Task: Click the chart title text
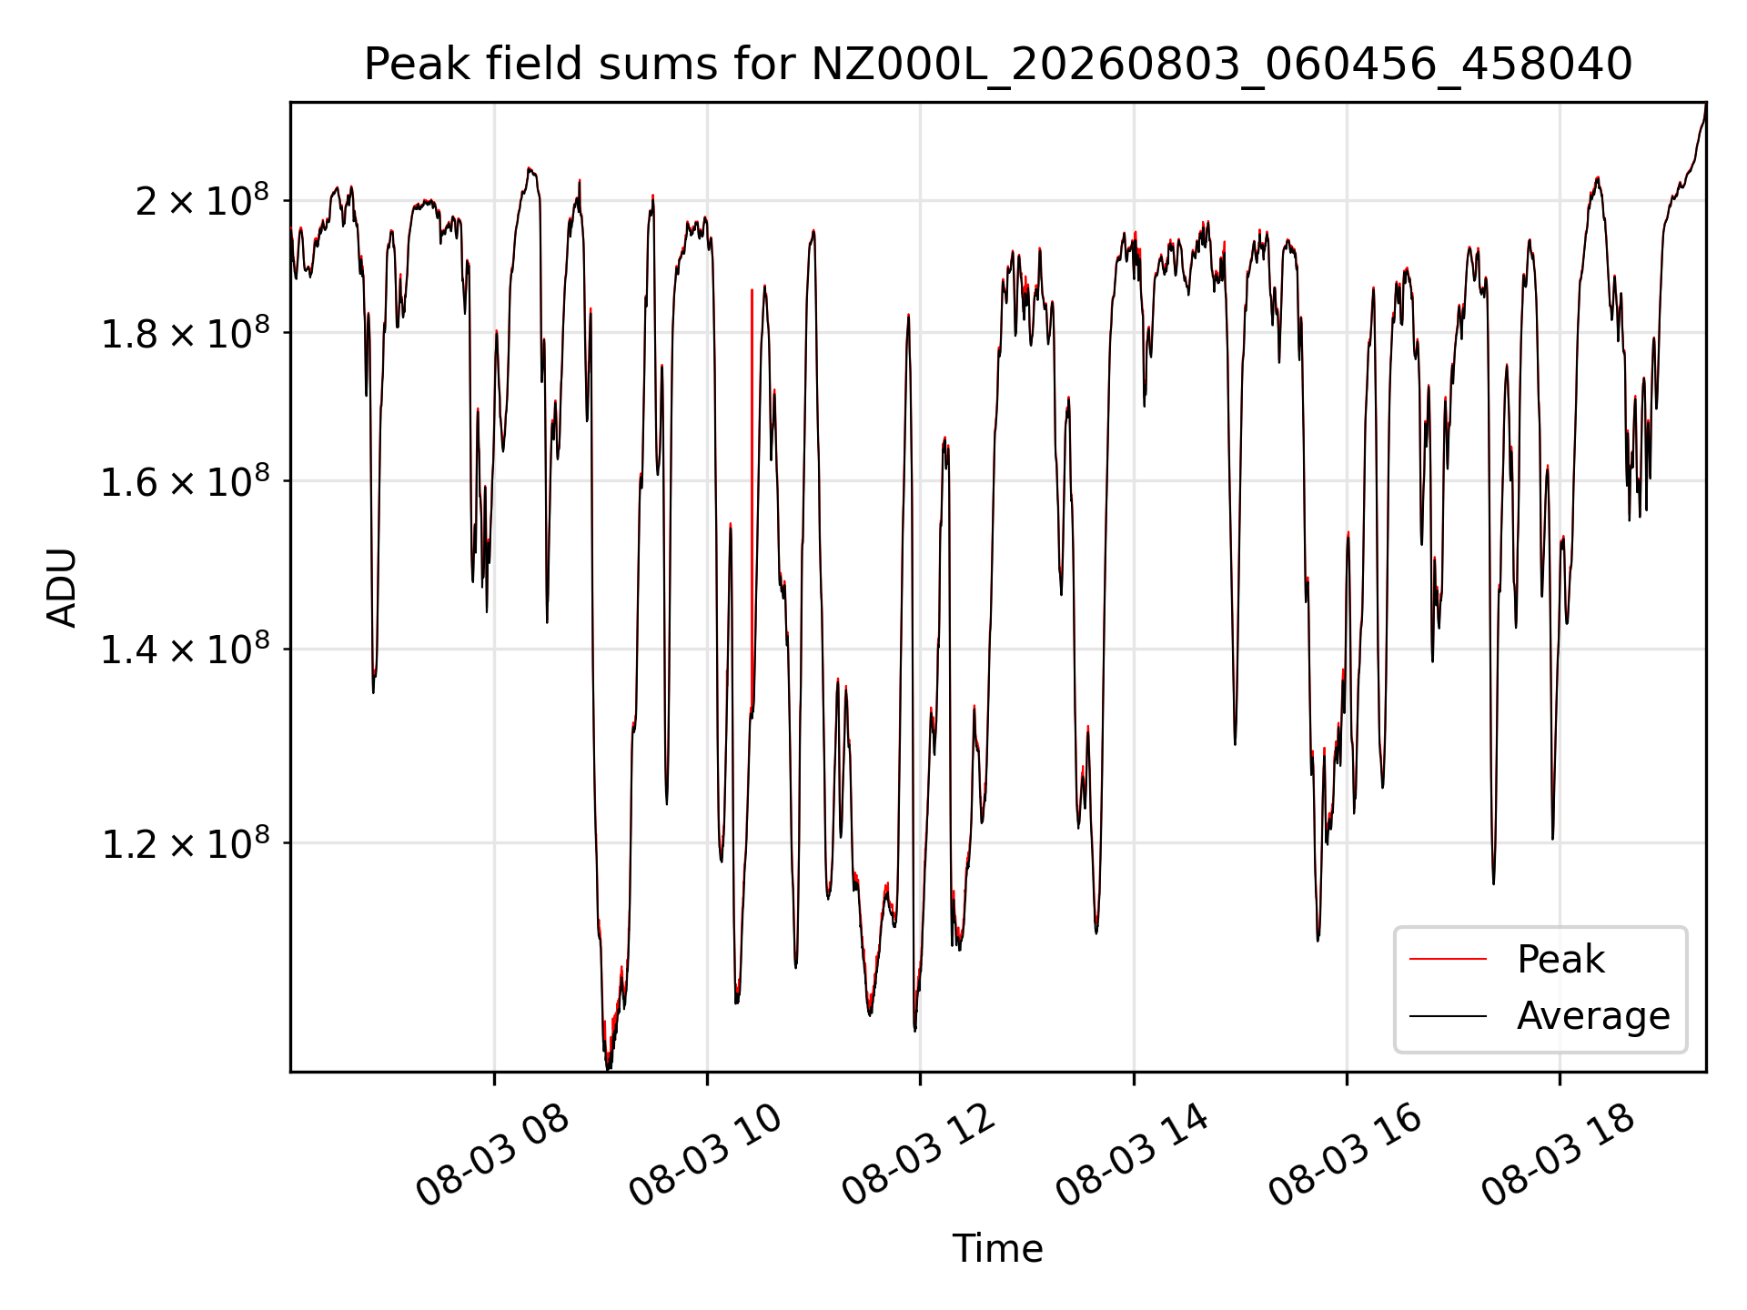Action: [x=997, y=65]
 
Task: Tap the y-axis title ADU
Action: [x=62, y=588]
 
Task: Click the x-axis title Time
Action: [x=997, y=1248]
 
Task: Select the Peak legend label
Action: [x=1560, y=960]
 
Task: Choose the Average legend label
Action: [x=1593, y=1015]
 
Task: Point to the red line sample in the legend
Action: [x=1448, y=960]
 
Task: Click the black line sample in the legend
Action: [x=1448, y=1015]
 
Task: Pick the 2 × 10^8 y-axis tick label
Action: [x=202, y=200]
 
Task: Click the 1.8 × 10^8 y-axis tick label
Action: [x=185, y=333]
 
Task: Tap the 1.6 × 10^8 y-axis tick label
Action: [x=185, y=481]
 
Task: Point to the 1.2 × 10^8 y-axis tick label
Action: [x=185, y=843]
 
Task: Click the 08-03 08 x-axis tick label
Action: [x=492, y=1156]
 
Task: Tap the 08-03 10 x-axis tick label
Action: [x=705, y=1156]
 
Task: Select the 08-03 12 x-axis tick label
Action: [x=918, y=1156]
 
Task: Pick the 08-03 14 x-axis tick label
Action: [x=1132, y=1156]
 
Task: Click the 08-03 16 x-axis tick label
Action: [x=1345, y=1156]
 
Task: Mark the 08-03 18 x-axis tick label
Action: [x=1558, y=1156]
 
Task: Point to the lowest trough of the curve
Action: [x=608, y=1066]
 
